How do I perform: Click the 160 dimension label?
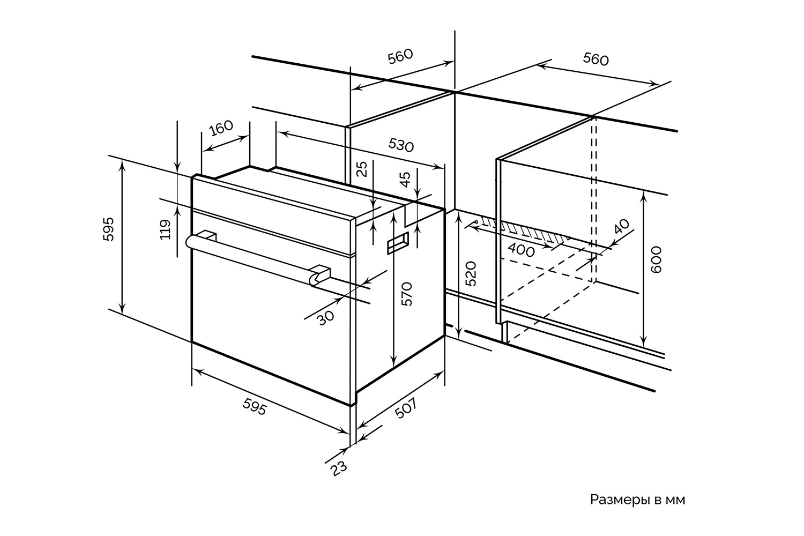point(221,128)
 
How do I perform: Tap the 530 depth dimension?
point(401,145)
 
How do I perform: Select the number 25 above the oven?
point(363,169)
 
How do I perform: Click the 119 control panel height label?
point(166,229)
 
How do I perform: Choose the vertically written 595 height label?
point(108,229)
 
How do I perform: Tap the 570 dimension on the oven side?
point(407,294)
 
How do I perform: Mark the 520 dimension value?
point(471,273)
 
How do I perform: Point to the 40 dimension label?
point(622,227)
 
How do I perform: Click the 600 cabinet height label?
point(656,259)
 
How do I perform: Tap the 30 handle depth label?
point(326,318)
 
